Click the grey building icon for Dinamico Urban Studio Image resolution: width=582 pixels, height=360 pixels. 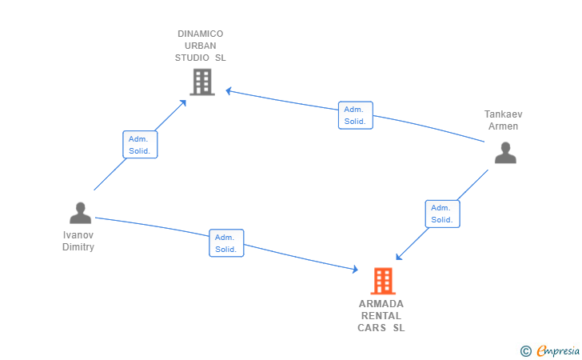pos(202,82)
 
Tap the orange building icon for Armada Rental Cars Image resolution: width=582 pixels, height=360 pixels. pos(383,281)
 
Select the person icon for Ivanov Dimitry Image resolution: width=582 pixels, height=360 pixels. pos(80,213)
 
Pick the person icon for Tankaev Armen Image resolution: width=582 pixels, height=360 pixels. pos(505,153)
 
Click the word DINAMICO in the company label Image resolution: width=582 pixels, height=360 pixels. pos(201,34)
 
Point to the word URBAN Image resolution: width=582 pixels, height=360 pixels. pos(201,46)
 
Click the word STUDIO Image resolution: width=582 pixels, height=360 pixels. pos(192,58)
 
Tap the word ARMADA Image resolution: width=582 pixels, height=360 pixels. pos(381,304)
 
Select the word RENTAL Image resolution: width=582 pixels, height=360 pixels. pos(381,316)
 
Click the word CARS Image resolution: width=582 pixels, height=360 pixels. pos(372,328)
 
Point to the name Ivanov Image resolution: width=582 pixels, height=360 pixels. pos(78,234)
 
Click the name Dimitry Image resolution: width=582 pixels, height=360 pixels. pos(78,246)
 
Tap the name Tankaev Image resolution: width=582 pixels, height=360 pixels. pos(504,114)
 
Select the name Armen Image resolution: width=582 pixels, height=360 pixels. pos(504,126)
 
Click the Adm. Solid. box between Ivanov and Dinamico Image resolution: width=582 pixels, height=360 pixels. pos(141,145)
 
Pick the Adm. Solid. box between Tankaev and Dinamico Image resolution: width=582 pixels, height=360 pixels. pos(356,115)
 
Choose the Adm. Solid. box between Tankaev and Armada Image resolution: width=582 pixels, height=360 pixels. pos(442,214)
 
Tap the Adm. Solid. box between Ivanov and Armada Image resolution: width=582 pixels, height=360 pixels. pos(226,243)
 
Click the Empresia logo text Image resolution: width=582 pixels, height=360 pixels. pos(558,350)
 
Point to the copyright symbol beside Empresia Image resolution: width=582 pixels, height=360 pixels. pos(526,351)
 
